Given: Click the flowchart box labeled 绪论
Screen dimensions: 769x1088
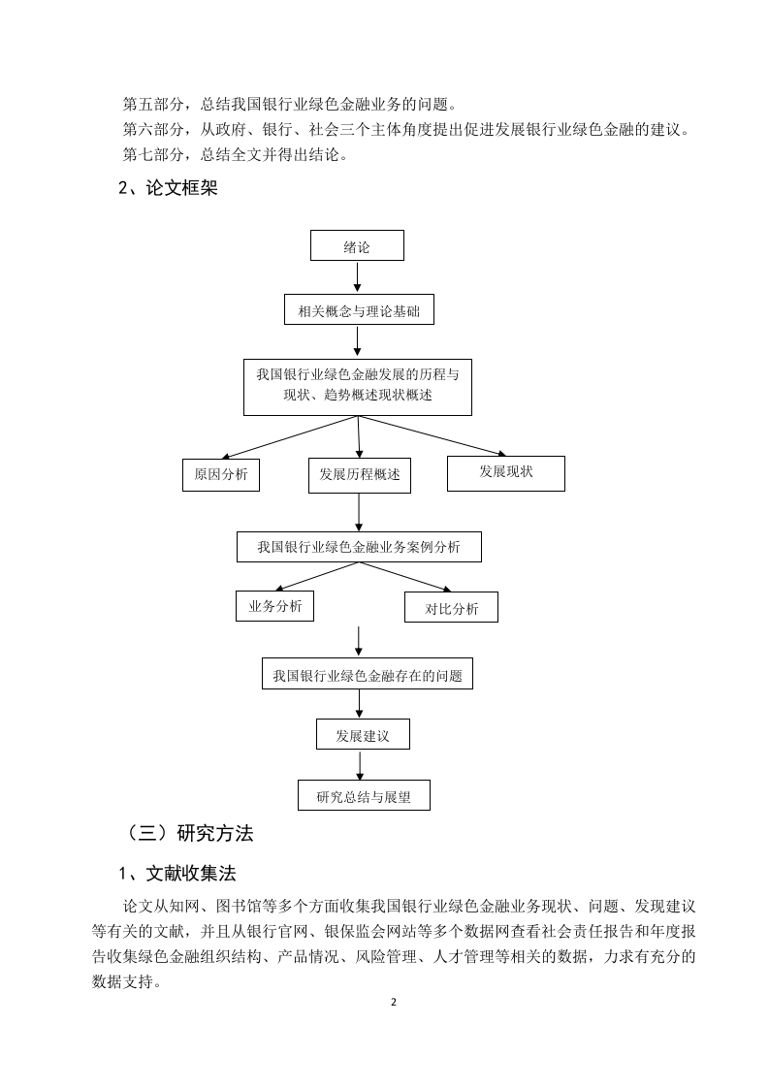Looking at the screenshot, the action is tap(357, 245).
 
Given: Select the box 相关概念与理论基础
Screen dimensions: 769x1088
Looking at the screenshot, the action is tap(359, 310).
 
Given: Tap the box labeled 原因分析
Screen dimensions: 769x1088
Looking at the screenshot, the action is tap(221, 474).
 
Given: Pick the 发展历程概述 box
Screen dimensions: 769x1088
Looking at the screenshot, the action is tap(360, 475).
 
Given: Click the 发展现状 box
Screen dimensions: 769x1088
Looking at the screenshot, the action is tap(506, 473).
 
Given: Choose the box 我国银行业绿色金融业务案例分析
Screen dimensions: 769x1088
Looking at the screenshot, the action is tap(359, 547).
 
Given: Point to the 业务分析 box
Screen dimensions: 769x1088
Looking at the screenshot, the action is tap(274, 606).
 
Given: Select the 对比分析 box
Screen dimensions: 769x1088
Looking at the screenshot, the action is tap(451, 607).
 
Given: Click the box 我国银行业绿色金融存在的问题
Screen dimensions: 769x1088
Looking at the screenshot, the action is tap(368, 674).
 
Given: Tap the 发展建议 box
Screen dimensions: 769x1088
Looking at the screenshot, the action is tap(363, 734).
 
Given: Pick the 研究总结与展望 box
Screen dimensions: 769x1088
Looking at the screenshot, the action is tap(364, 795).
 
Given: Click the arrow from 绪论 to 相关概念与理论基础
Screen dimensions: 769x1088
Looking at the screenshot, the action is tap(357, 277).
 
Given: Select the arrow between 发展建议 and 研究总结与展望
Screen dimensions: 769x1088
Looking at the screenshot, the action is tap(360, 765).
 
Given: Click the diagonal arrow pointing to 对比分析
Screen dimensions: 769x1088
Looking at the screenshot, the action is tap(405, 577).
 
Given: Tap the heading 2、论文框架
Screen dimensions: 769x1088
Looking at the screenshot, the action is tap(168, 188).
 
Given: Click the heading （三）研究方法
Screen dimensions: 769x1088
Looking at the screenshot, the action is tap(187, 833).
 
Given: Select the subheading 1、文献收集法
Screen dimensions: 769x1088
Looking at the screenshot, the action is tap(177, 874).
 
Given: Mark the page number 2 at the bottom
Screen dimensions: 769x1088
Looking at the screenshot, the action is tap(394, 1002).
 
